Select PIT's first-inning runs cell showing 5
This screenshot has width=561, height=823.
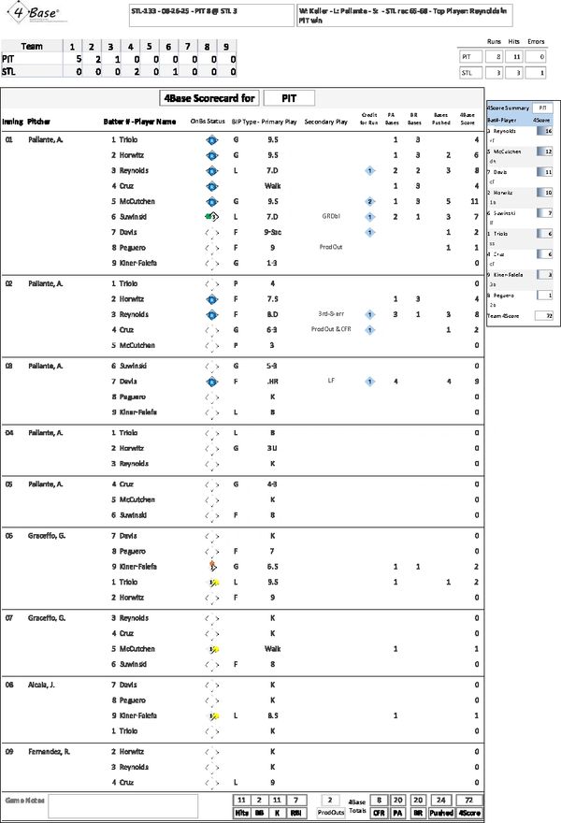click(x=72, y=58)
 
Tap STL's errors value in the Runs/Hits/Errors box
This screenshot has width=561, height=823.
click(x=537, y=72)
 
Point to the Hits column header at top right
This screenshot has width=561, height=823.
click(x=515, y=42)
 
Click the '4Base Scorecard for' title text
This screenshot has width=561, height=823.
click(x=208, y=97)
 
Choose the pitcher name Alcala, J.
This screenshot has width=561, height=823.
click(x=44, y=685)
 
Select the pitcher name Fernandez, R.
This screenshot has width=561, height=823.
click(x=49, y=751)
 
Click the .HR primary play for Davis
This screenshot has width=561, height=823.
click(x=273, y=381)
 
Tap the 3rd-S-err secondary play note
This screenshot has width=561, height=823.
click(x=330, y=314)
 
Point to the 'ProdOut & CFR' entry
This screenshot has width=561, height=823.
click(x=330, y=329)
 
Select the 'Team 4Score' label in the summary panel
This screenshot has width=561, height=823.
click(x=506, y=316)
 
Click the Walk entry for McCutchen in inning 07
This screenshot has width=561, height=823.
click(x=273, y=648)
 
